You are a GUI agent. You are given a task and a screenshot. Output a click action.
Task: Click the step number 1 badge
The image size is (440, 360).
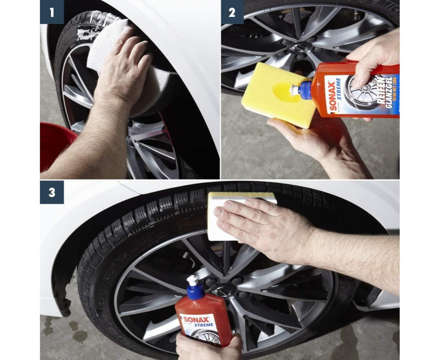point(52,12)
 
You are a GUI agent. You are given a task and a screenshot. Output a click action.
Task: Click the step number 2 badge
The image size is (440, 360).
point(232,12)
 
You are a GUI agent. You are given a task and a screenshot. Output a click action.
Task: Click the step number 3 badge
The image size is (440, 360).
point(52,192)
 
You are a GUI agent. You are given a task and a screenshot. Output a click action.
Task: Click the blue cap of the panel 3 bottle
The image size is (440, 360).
point(196,291)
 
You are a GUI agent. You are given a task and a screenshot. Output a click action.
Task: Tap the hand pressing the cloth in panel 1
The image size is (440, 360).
point(125,65)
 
